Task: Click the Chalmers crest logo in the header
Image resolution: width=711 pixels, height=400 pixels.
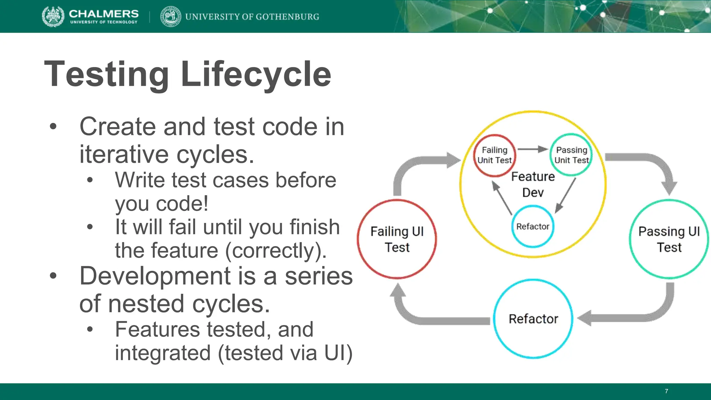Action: pos(53,16)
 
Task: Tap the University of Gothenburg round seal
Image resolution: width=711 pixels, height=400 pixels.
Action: pos(170,16)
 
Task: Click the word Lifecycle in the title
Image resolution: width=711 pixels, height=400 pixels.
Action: pos(256,74)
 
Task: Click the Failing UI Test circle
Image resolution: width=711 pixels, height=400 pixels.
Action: pos(397,239)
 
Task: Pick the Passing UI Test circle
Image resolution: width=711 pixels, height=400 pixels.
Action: pos(669,239)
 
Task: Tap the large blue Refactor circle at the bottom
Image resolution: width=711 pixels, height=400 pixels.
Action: pos(533,318)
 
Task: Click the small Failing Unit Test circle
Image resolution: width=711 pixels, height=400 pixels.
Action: pos(494,155)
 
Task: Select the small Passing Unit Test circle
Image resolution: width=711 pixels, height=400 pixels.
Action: pos(571,155)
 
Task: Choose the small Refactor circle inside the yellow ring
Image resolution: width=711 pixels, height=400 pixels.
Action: pos(533,226)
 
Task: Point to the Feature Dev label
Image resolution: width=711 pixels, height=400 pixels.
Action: pos(533,184)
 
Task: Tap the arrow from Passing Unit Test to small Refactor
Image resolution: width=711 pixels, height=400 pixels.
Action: pos(566,195)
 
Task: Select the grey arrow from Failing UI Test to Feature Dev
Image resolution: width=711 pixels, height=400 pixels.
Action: pos(417,167)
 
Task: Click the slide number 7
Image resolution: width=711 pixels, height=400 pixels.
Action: pos(666,391)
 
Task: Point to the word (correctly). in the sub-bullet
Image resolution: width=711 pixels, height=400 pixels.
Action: pos(276,250)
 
